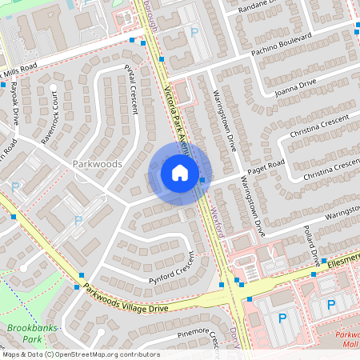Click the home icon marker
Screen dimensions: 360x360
coord(180,172)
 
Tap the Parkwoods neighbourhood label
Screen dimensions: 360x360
coord(97,163)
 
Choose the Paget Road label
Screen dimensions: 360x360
coord(266,169)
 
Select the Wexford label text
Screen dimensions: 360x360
coord(222,218)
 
